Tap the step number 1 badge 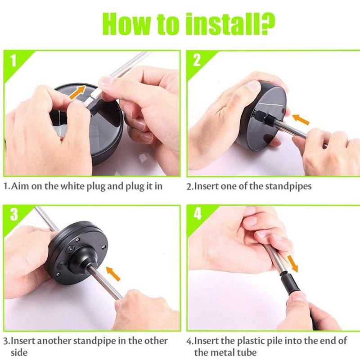[x=13, y=60]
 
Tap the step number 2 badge [x=197, y=60]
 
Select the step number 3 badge [x=14, y=214]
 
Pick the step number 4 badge [x=198, y=214]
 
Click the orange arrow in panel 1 [x=77, y=92]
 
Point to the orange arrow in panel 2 [x=301, y=119]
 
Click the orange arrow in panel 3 [x=113, y=274]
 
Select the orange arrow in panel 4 [x=292, y=264]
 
